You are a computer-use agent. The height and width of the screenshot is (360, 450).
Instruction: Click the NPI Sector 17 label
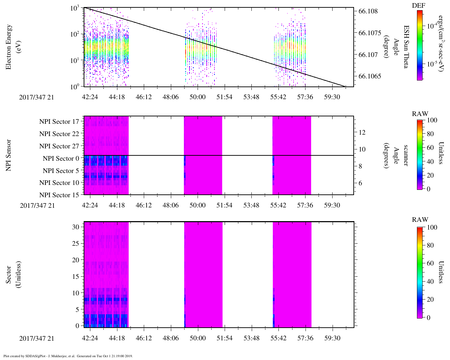pos(59,122)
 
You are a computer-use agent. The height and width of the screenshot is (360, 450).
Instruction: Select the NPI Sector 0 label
pos(61,159)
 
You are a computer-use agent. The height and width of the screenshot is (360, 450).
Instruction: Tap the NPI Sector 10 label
pos(59,183)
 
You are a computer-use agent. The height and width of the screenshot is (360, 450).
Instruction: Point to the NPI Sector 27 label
pos(59,146)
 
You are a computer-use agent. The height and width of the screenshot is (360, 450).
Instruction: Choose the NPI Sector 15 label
pos(59,195)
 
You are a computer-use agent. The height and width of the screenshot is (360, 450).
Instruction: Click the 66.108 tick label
pos(368,11)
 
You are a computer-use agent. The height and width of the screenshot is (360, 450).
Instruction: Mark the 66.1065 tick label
pos(370,76)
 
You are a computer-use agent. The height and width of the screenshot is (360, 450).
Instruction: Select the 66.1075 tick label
pos(370,33)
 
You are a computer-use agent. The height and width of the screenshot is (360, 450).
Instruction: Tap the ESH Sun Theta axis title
pos(405,47)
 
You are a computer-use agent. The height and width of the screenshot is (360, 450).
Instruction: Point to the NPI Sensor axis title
pos(9,155)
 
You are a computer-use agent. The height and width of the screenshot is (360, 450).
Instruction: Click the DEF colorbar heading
pos(419,6)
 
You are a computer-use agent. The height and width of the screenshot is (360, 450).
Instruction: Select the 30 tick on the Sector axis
pos(76,227)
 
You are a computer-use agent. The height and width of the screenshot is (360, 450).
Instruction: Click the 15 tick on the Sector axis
pos(76,277)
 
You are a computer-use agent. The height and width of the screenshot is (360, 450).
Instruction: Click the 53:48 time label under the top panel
pos(251,97)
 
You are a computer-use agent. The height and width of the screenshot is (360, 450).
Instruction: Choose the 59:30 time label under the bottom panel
pos(332,338)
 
